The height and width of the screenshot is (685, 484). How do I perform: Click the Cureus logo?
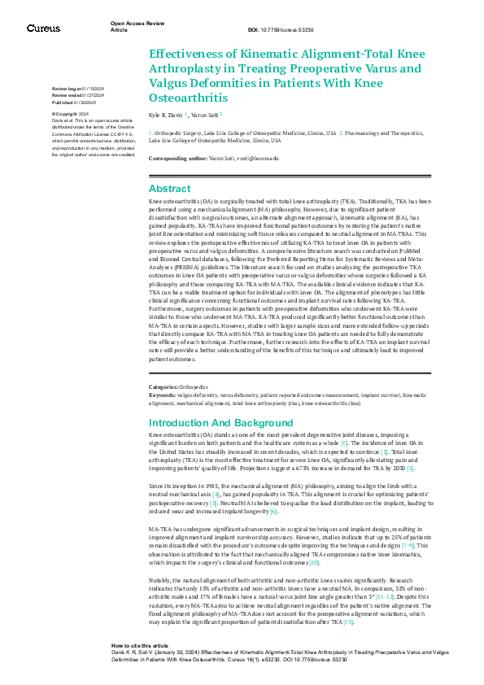pyautogui.click(x=42, y=28)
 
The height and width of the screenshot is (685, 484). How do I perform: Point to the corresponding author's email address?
pyautogui.click(x=255, y=158)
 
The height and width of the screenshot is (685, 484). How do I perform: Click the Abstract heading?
pyautogui.click(x=169, y=189)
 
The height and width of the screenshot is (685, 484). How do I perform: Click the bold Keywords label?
pyautogui.click(x=164, y=394)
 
